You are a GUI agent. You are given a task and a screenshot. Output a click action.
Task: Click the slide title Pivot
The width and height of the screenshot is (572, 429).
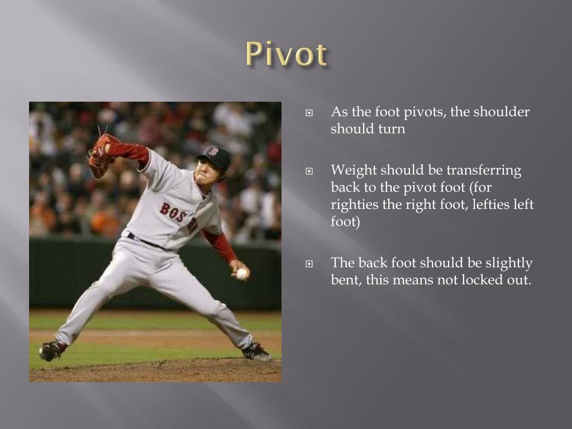tap(286, 55)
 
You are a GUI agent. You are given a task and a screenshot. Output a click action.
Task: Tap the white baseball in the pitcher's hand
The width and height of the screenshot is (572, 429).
tap(242, 274)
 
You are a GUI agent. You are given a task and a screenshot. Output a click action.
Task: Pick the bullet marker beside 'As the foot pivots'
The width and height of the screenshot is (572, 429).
tap(308, 112)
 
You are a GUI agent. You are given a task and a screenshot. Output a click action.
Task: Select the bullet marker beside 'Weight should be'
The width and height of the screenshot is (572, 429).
tap(308, 171)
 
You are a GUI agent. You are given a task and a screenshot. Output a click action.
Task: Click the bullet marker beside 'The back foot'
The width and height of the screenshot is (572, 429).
tap(308, 263)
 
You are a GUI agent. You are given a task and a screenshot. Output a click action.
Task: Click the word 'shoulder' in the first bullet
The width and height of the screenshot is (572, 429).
tap(502, 112)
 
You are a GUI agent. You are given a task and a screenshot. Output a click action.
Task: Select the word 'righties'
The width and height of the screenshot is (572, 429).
tap(355, 204)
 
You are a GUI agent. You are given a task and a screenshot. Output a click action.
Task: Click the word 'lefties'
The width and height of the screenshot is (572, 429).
tap(487, 204)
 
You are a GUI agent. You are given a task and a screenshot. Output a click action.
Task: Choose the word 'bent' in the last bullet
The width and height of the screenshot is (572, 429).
tap(345, 280)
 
